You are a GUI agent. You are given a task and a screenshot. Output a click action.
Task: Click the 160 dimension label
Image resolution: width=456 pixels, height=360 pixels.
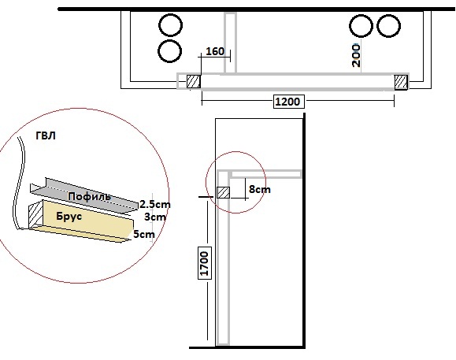pos(215,51)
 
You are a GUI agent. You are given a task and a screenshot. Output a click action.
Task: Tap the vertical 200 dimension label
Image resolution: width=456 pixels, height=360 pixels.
pos(356,55)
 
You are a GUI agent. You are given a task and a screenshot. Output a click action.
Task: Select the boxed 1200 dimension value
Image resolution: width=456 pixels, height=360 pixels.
pos(287,102)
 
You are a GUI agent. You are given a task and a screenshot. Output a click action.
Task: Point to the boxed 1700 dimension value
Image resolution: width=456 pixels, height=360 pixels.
pos(205,263)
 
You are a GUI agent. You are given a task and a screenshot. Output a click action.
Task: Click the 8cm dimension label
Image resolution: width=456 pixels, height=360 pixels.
pos(260,190)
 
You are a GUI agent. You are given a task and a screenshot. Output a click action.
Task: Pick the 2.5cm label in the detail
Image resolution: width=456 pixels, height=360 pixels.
pos(155,205)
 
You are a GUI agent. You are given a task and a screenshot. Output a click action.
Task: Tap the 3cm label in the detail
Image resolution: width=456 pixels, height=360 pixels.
pos(155,217)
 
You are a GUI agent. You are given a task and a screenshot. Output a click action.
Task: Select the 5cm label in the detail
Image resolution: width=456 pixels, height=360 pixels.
pos(144,234)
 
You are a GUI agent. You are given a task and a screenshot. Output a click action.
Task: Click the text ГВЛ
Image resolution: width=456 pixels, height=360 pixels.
pos(46,135)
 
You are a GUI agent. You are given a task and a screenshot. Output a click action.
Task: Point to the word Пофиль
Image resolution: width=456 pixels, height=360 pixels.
pos(90,197)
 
